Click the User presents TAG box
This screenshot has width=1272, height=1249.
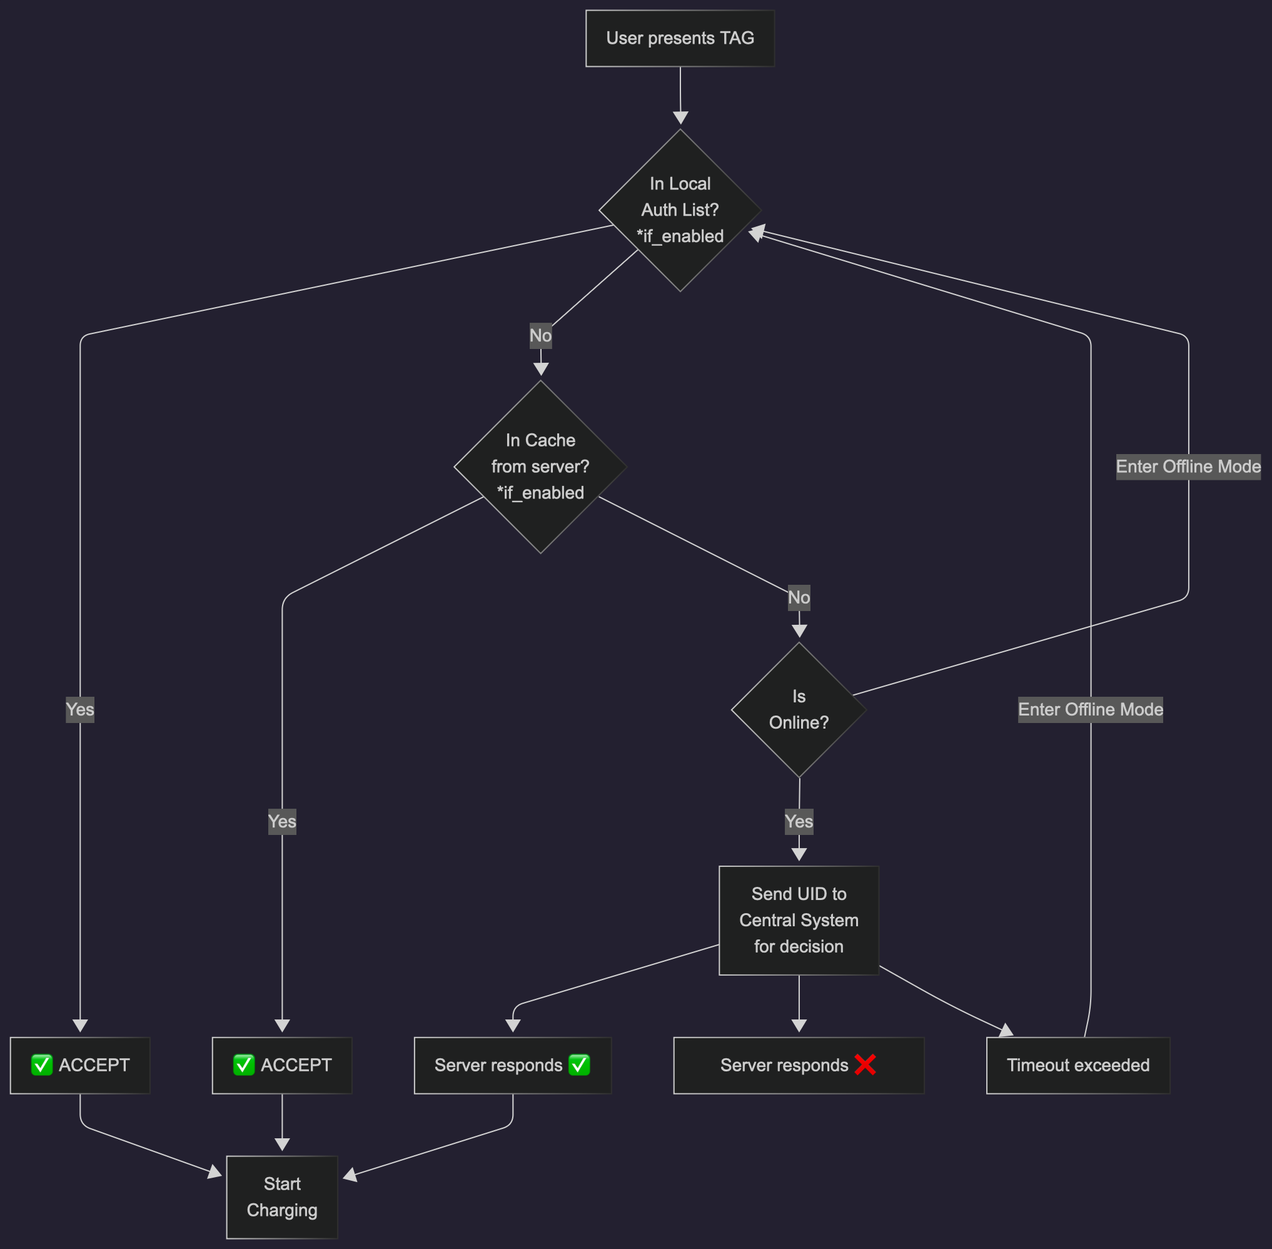680,38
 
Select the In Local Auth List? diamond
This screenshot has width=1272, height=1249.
680,210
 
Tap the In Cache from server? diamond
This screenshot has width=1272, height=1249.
540,467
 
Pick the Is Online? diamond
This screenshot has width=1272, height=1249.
799,709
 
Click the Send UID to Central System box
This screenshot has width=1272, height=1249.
799,919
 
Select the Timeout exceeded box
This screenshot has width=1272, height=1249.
1077,1064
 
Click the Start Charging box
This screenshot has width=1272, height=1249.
281,1196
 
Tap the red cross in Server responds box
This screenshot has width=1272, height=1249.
865,1064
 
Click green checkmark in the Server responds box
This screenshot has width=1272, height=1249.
578,1064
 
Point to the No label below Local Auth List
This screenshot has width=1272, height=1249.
540,335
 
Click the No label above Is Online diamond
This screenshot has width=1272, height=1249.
799,597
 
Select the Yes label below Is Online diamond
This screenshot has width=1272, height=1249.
799,821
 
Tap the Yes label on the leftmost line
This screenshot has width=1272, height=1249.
80,709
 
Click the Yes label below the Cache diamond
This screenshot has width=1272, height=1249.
281,821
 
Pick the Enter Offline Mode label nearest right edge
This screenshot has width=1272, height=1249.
1188,467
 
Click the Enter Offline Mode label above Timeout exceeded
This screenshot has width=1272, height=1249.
1089,709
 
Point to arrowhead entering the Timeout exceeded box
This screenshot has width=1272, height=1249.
1006,1031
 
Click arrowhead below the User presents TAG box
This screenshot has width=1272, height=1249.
680,118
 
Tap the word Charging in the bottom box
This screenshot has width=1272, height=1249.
281,1210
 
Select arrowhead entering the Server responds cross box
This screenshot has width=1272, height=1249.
799,1025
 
